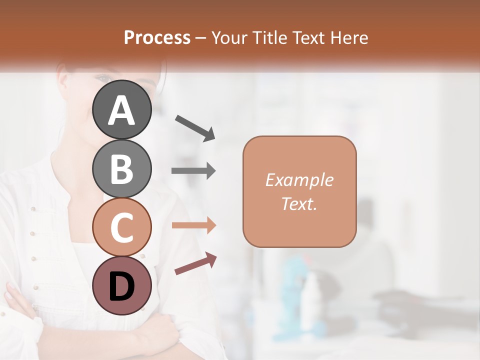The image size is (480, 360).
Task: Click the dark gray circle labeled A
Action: tap(122, 109)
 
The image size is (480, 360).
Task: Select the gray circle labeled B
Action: tap(122, 168)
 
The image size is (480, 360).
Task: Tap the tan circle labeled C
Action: tap(122, 227)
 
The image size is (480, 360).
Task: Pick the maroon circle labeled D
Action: tap(122, 285)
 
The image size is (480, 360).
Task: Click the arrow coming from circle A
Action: tap(195, 127)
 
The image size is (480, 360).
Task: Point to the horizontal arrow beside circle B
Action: tap(193, 171)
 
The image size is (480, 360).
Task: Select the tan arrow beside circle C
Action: tap(193, 225)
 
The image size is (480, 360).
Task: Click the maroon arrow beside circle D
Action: tap(195, 263)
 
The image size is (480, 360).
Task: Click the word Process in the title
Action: tap(157, 37)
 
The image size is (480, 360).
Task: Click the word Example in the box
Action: tap(299, 180)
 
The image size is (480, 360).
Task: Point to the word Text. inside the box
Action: tap(299, 203)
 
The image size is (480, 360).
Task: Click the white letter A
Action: tap(122, 110)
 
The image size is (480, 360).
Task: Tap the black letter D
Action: tap(122, 286)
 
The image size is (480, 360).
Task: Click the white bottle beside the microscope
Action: tap(311, 295)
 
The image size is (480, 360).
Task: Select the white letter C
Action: tap(122, 228)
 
